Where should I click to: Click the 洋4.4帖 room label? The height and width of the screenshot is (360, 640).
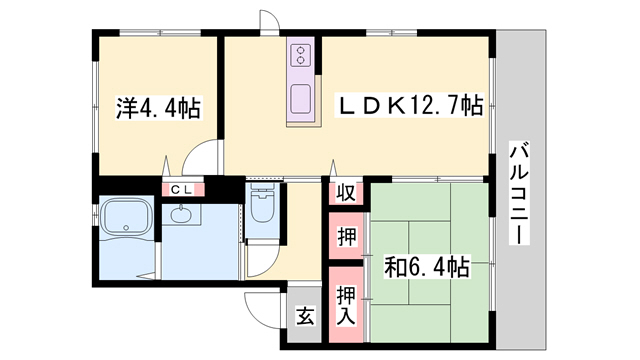(158, 108)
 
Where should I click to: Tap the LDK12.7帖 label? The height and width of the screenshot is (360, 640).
(409, 106)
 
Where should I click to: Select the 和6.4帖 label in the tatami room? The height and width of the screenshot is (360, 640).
(427, 267)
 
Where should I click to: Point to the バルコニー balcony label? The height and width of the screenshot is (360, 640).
(519, 193)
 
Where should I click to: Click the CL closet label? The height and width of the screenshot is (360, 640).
(182, 189)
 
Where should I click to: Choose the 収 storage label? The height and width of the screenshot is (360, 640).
(346, 193)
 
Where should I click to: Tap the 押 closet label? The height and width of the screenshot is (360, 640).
(347, 237)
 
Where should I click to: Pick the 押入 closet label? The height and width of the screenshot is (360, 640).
(346, 305)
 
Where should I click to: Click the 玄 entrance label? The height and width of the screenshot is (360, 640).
(305, 316)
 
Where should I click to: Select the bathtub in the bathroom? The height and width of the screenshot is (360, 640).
(126, 218)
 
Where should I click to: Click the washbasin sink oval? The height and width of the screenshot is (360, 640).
(181, 215)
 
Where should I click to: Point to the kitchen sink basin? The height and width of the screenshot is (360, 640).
(301, 98)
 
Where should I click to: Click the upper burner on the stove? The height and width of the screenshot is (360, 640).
(301, 51)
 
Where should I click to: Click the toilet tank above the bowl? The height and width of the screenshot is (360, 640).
(262, 188)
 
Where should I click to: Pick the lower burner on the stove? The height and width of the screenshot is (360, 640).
(301, 60)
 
